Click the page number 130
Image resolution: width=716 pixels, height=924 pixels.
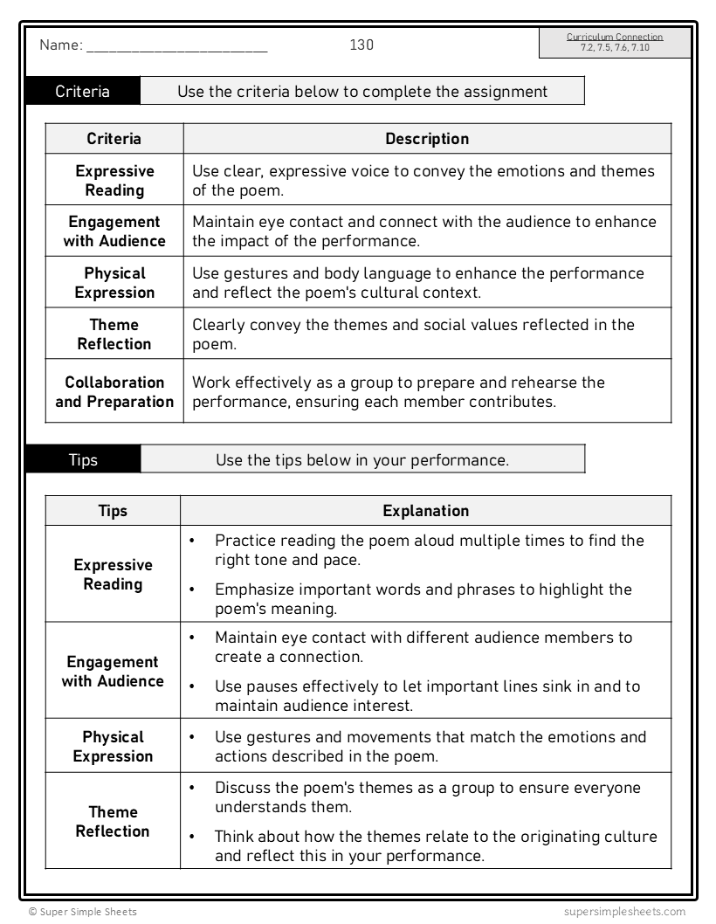tap(361, 45)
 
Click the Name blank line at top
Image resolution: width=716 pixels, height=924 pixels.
tap(176, 50)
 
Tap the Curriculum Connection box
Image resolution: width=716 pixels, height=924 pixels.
tap(615, 43)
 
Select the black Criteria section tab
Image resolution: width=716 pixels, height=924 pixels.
tap(83, 92)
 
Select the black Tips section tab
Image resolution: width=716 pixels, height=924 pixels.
tap(83, 459)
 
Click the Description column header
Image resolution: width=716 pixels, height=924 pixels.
tap(427, 139)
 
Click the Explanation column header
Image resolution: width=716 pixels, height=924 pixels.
tap(425, 511)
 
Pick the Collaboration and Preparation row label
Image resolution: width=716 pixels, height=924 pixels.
tap(114, 392)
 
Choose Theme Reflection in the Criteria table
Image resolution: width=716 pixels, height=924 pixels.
tap(114, 334)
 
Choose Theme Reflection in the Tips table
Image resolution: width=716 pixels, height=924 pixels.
tap(113, 822)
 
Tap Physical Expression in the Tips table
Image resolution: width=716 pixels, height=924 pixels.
tap(113, 747)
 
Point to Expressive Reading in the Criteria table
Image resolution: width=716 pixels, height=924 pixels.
tap(114, 181)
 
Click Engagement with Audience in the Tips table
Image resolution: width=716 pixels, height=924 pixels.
tap(113, 672)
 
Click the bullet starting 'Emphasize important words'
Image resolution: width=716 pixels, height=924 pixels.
tap(423, 599)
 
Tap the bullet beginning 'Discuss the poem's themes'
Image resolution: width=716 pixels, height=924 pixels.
tap(426, 797)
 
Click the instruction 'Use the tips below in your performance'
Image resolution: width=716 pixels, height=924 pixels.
tap(361, 459)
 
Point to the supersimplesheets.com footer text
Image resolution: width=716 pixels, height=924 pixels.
tap(624, 911)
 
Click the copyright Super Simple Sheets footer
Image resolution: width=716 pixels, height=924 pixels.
tap(82, 911)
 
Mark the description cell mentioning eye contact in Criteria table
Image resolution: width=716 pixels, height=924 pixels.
tap(423, 231)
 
